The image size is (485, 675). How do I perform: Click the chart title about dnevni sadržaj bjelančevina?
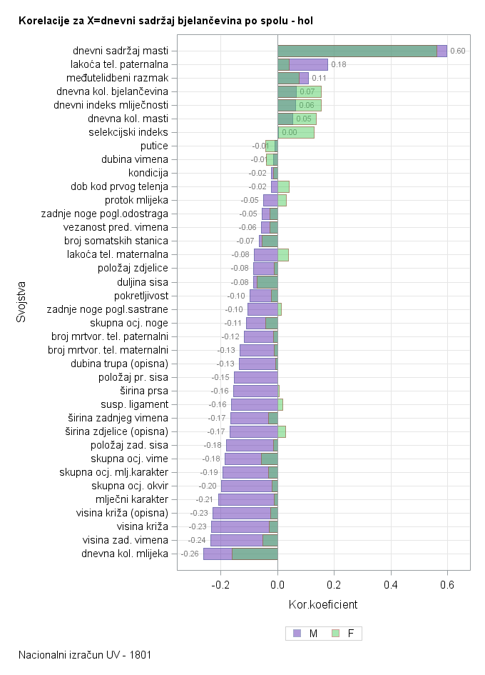coord(165,21)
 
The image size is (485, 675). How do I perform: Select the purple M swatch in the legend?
coord(297,633)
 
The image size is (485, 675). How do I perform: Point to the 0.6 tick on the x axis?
coord(447,585)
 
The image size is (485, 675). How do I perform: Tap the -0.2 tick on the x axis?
coord(221,585)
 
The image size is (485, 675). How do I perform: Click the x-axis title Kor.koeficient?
coord(323,605)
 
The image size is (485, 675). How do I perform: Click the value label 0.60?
coord(458,51)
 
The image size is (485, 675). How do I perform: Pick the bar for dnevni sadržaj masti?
coord(362,51)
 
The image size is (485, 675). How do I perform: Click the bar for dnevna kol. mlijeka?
coord(240,554)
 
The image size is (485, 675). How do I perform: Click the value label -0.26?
coord(190,554)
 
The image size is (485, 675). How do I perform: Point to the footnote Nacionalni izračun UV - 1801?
coord(85,654)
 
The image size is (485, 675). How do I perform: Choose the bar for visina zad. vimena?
coord(244,540)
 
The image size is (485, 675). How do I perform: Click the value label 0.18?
coord(339,64)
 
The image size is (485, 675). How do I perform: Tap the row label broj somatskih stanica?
coord(116,241)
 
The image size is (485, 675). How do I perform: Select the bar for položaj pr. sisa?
coord(255,377)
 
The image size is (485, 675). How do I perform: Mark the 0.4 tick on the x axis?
coord(391,585)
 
